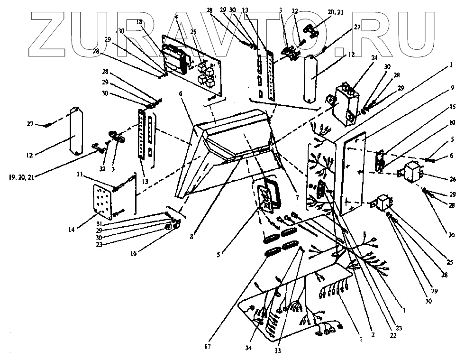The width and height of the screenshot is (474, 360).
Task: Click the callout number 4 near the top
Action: click(x=176, y=16)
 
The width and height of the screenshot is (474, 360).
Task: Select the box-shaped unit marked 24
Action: click(x=345, y=104)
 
